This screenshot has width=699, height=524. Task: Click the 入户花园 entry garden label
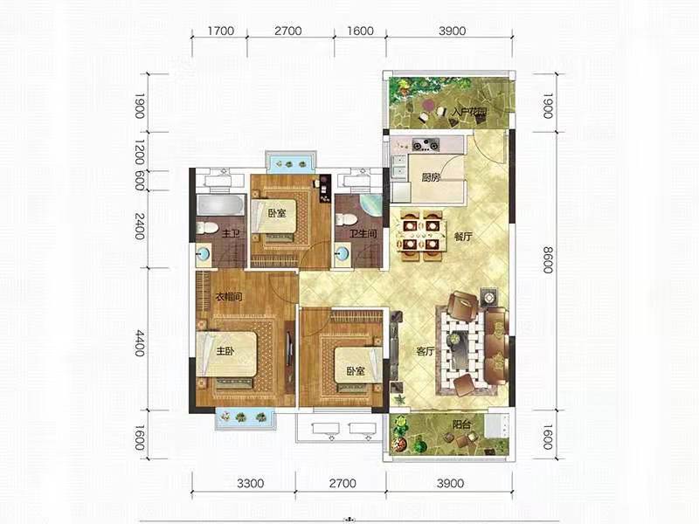[x=468, y=112]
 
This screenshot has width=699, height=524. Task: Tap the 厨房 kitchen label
[x=431, y=177]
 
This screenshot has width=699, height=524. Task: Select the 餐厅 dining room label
[x=463, y=237]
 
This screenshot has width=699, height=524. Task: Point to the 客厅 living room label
[x=426, y=352]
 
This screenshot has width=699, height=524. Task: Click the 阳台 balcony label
[x=461, y=424]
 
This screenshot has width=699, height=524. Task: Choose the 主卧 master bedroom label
[x=225, y=352]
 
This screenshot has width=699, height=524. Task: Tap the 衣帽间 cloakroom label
[x=229, y=297]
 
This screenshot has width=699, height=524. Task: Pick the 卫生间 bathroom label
[x=363, y=233]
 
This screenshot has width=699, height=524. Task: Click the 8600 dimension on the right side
[x=548, y=260]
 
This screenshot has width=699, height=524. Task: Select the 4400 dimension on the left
[x=140, y=342]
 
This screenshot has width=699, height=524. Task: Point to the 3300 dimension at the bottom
[x=251, y=484]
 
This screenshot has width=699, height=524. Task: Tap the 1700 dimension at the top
[x=221, y=31]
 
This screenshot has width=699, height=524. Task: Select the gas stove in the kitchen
[x=426, y=144]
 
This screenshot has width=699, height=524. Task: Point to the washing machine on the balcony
[x=497, y=426]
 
